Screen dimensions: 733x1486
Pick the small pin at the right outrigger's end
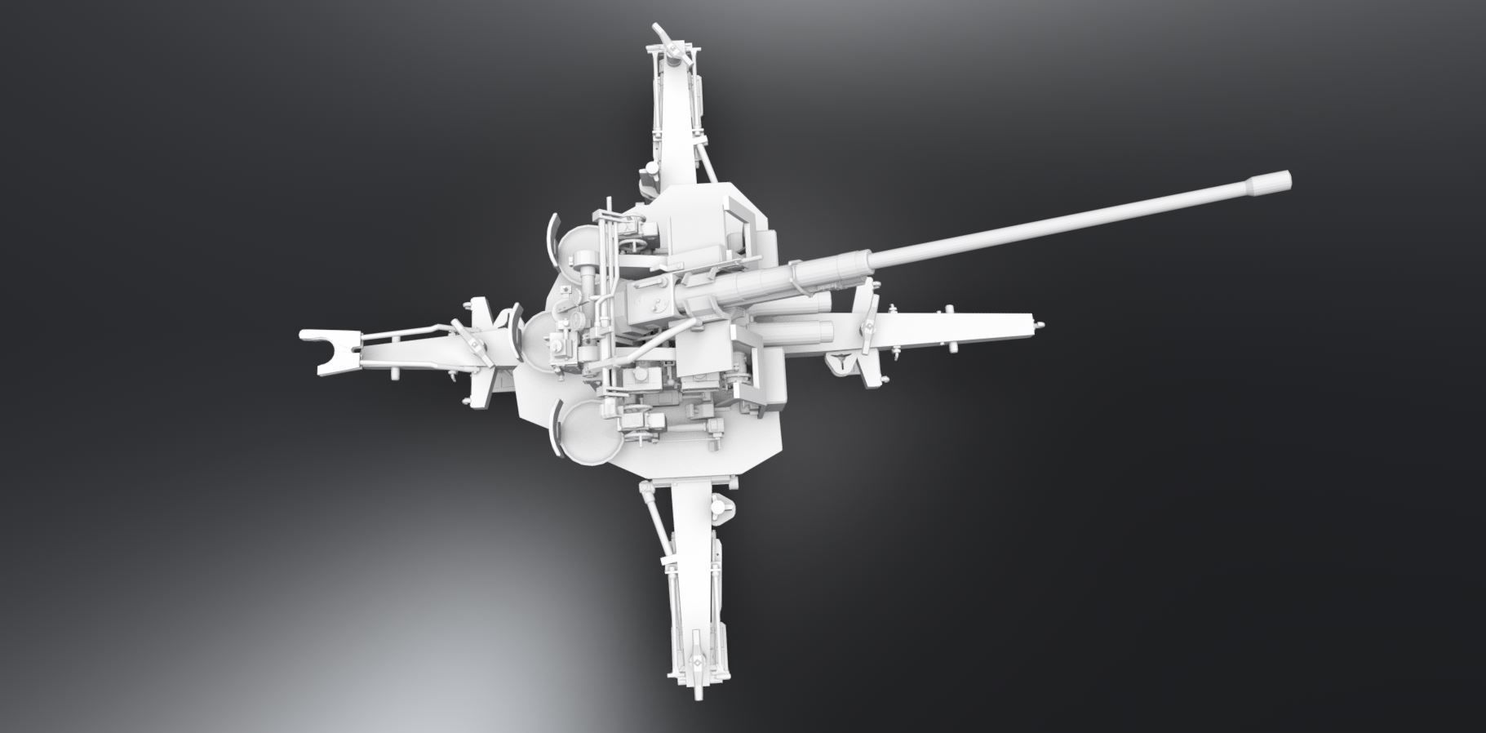click(x=1041, y=324)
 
